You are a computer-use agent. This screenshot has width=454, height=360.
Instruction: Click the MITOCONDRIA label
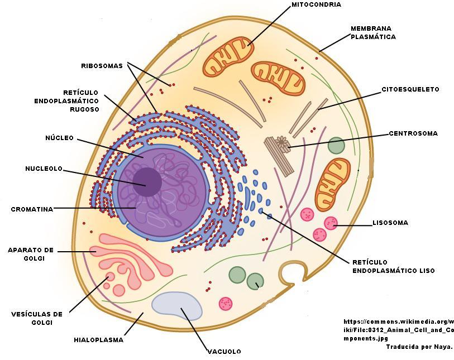point(316,5)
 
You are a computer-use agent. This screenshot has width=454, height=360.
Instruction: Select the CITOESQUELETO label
point(410,89)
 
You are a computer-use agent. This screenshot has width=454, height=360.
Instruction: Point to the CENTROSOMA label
point(413,134)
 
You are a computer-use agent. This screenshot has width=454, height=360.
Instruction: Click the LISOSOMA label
point(390,223)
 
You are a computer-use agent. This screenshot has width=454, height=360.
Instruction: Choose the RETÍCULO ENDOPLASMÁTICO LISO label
point(393,266)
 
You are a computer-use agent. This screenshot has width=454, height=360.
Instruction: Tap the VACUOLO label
point(224,352)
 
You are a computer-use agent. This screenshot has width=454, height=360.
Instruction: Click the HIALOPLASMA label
point(99,339)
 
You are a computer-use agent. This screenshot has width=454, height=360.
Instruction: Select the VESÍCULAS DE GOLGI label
point(37,318)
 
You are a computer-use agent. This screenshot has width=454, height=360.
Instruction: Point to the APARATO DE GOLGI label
point(31,254)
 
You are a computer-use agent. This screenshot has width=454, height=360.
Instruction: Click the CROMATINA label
point(32,210)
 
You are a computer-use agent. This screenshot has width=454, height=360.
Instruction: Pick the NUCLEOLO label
point(44,169)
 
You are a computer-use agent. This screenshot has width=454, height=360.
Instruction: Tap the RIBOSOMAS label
point(102,66)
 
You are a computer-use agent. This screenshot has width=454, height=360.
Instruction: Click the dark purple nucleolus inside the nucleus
point(147,183)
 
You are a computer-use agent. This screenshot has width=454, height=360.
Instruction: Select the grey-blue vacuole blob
point(177,306)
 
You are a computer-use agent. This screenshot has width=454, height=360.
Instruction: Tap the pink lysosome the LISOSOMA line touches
point(331,224)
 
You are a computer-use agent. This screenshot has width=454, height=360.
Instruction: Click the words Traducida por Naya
point(419,347)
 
